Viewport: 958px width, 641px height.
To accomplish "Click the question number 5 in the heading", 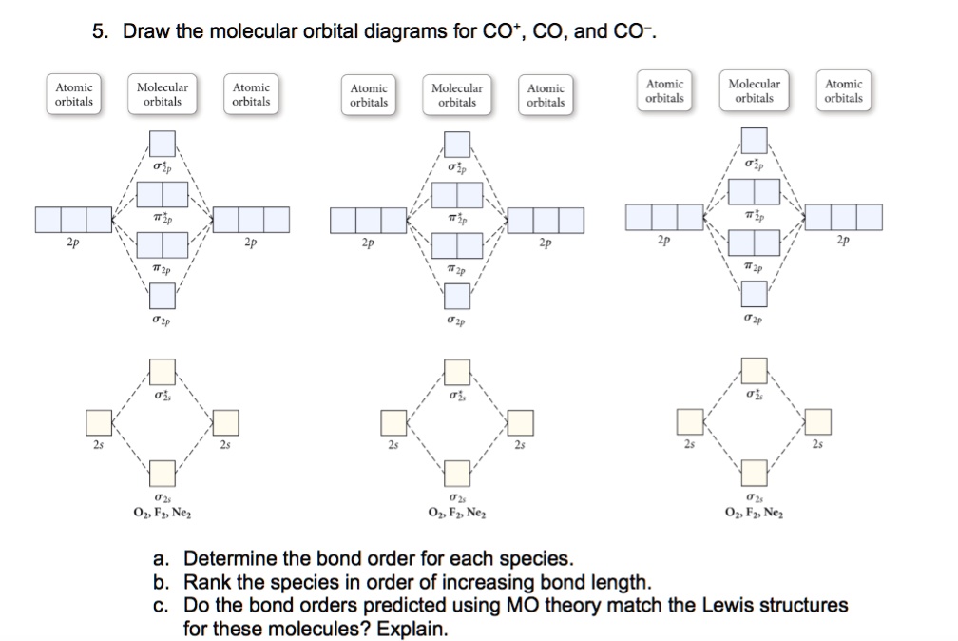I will tap(99, 32).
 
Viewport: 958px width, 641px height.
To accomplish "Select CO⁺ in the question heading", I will tap(505, 32).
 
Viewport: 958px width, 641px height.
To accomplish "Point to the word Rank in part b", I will tap(207, 581).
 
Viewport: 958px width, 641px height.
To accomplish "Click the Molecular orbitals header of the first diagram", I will tap(163, 94).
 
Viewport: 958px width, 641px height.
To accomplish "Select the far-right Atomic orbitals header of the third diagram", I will tap(844, 91).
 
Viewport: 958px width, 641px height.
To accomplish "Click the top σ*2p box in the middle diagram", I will tap(457, 144).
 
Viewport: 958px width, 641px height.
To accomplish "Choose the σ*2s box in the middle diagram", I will tap(457, 370).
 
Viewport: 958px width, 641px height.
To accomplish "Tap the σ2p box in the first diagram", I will tap(163, 297).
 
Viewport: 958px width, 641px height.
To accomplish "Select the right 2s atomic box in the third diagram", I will tap(817, 419).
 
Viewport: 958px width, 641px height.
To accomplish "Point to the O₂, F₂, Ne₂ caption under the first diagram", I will tap(163, 515).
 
